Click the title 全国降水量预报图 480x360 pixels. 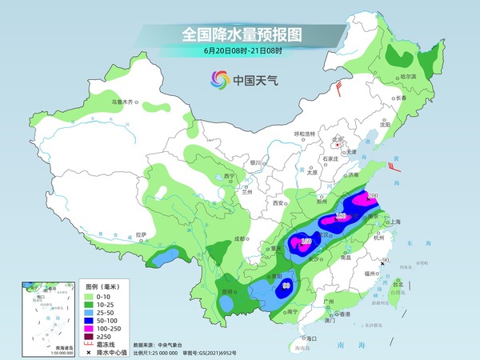click(240, 34)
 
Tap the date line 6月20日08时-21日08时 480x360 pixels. click(240, 51)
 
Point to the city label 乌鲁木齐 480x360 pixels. click(124, 102)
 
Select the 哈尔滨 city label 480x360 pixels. click(408, 76)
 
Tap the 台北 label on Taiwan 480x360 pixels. click(398, 282)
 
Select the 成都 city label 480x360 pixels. click(238, 238)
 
